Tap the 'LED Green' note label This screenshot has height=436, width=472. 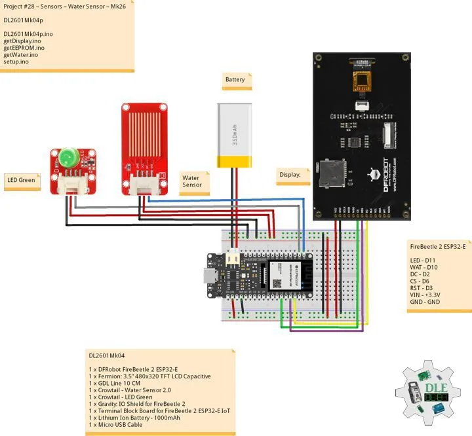pyautogui.click(x=21, y=179)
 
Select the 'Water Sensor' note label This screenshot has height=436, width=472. pyautogui.click(x=192, y=181)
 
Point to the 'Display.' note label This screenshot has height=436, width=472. pyautogui.click(x=290, y=175)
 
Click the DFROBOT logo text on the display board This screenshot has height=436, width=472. pyautogui.click(x=384, y=174)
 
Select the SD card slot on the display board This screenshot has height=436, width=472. pyautogui.click(x=331, y=175)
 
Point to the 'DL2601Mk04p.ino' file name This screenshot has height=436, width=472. pyautogui.click(x=29, y=33)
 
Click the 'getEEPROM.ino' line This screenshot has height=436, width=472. pyautogui.click(x=24, y=48)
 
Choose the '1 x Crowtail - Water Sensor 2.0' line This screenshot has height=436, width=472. pyautogui.click(x=134, y=390)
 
